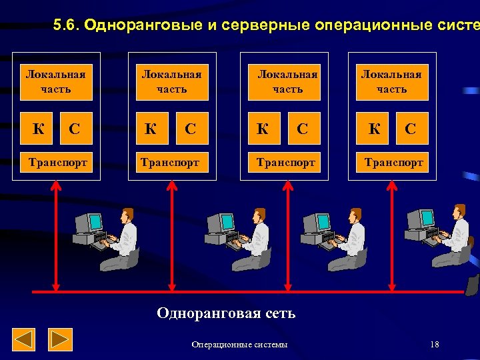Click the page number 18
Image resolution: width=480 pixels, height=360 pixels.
click(435, 344)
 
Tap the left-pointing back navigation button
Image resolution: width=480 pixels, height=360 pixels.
click(24, 340)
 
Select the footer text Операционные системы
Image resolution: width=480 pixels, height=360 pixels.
click(239, 345)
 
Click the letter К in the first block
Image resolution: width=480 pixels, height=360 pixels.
click(39, 129)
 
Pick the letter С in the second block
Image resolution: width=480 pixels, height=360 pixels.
click(191, 129)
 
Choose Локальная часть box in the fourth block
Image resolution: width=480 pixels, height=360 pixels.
click(391, 81)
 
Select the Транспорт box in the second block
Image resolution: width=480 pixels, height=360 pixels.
click(172, 162)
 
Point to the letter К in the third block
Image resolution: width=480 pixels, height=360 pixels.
click(263, 129)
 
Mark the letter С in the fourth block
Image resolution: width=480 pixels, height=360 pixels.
click(411, 129)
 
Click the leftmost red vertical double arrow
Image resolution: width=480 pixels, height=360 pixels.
click(56, 237)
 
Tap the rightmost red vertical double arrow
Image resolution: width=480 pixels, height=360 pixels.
click(391, 237)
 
